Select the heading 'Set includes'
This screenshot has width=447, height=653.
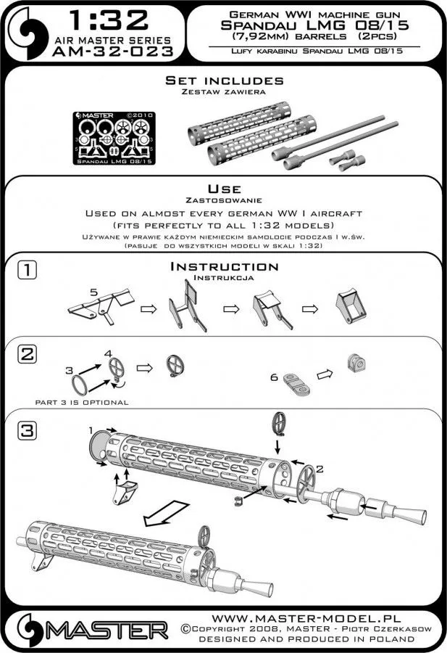click(x=224, y=81)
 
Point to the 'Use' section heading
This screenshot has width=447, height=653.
click(x=224, y=188)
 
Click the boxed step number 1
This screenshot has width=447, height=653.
click(x=25, y=271)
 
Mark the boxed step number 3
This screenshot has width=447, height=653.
click(x=25, y=430)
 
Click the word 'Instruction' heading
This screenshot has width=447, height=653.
click(x=223, y=267)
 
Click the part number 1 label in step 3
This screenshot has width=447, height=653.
click(x=92, y=430)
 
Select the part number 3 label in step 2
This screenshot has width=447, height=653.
click(x=70, y=370)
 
